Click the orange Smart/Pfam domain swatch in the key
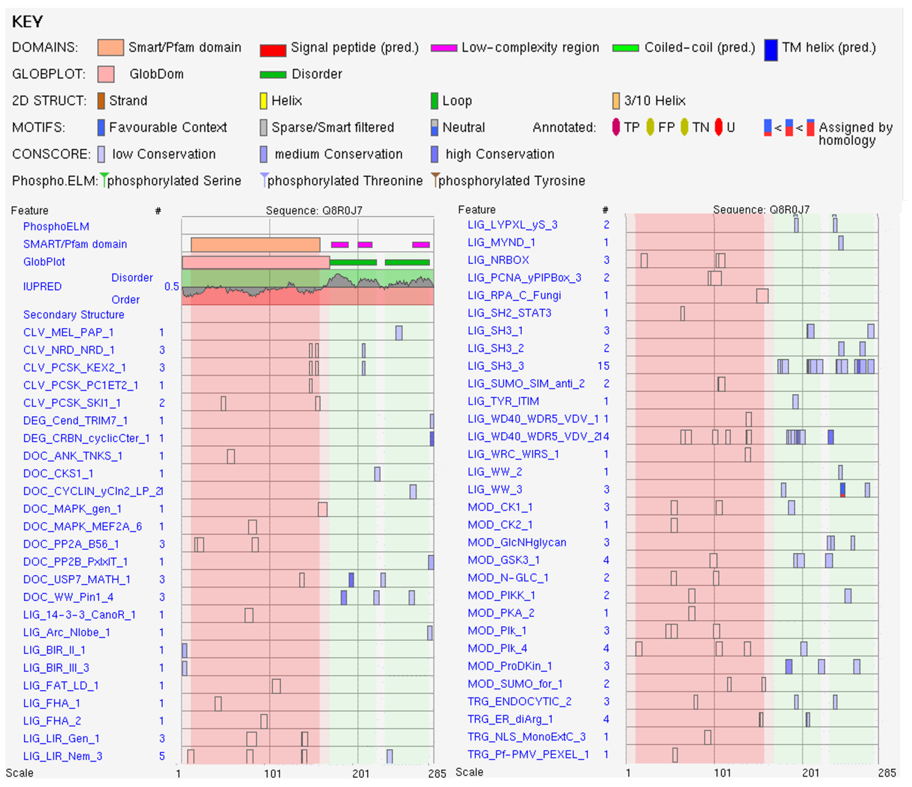(110, 47)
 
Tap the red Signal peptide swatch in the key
(273, 50)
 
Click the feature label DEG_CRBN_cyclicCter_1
(86, 438)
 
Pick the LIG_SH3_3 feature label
(496, 366)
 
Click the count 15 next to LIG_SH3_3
(603, 366)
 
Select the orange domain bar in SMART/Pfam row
(255, 245)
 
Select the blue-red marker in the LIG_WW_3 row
(842, 490)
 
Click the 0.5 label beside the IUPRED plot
(171, 287)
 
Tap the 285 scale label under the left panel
(437, 774)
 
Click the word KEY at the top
(27, 22)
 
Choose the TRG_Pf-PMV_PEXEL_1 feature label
(528, 754)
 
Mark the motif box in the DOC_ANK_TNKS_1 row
(231, 456)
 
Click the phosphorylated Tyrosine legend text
(511, 181)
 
